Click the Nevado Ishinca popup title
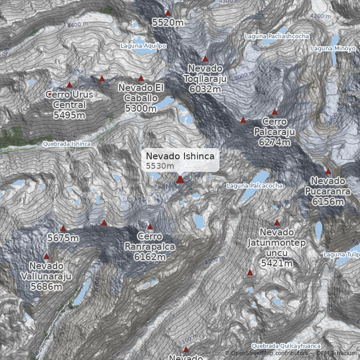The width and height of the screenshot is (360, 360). tap(183, 156)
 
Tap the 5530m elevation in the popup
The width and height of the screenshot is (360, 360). tap(160, 166)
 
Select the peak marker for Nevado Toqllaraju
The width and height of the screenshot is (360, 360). tap(205, 59)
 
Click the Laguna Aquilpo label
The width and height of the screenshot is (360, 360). tap(144, 46)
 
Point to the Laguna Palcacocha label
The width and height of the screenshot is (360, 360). tap(255, 186)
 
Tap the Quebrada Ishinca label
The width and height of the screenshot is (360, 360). tap(67, 144)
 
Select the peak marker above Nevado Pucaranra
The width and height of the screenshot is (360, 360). tap(328, 171)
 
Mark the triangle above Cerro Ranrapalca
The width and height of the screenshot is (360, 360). tap(150, 227)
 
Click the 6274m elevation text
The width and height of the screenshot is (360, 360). tap(274, 142)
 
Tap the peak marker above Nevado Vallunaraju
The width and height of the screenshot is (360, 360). tap(46, 256)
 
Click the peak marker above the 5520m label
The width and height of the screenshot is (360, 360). tap(168, 13)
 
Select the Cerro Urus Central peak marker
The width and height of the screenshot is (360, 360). tap(69, 85)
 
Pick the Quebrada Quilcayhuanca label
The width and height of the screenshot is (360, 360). tap(286, 346)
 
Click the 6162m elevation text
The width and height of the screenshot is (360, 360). tap(150, 257)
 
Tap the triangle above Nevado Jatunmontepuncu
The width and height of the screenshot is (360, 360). tap(277, 223)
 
